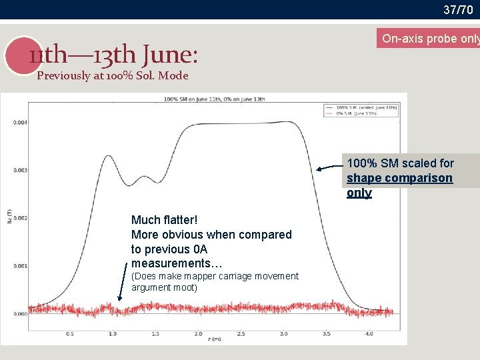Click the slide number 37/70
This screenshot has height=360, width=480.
[x=458, y=9]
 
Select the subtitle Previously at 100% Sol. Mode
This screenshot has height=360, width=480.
[x=112, y=75]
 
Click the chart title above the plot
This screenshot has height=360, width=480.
[x=214, y=99]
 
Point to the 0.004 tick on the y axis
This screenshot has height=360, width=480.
[x=20, y=122]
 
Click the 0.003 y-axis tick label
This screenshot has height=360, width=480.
[x=20, y=170]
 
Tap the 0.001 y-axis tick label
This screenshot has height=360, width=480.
[x=20, y=266]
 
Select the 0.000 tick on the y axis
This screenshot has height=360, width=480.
[x=20, y=313]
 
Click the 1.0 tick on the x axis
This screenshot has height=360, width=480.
[x=112, y=333]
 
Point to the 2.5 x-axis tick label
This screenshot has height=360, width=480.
[x=241, y=333]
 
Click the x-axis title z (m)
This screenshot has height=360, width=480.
[x=215, y=340]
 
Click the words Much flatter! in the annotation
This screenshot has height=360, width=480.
[x=165, y=220]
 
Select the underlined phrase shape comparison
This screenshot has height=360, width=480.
[x=399, y=178]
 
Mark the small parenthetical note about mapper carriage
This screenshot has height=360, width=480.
[x=215, y=281]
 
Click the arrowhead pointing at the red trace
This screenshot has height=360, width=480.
[x=120, y=299]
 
